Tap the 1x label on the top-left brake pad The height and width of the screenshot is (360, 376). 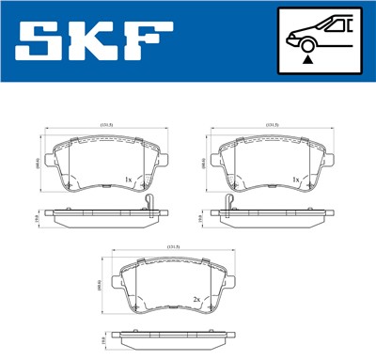coord(128,180)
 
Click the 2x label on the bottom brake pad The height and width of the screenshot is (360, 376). coord(196,300)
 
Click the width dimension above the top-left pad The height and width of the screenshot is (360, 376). coord(107,123)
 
